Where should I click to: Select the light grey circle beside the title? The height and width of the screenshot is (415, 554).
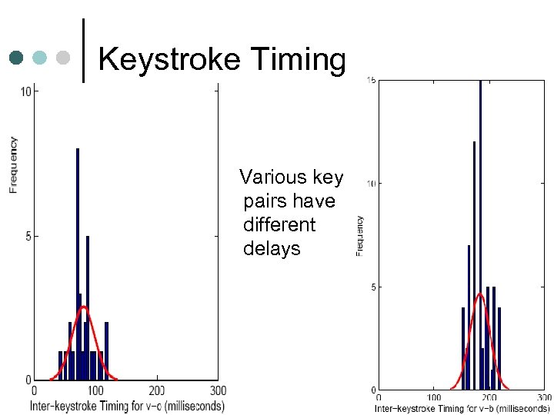point(63,58)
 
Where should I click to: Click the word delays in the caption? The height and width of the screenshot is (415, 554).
point(272,249)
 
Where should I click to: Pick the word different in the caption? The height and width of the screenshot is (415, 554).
point(279,225)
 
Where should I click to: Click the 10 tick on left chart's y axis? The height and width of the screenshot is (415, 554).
point(25,92)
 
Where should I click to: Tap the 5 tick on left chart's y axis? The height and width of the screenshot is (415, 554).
point(27,236)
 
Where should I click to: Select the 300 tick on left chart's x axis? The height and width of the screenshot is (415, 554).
point(218,391)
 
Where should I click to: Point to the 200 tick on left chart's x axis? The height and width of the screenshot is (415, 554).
point(156,391)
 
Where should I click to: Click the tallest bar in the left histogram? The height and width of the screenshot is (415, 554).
point(78,261)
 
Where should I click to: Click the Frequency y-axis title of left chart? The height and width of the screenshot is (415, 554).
point(13,164)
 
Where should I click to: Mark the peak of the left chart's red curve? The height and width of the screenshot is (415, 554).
point(85,307)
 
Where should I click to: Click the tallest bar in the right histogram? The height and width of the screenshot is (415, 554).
point(480,231)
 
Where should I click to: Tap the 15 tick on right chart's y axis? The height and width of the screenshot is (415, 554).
point(371,80)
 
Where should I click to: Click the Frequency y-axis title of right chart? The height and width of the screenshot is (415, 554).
point(359,235)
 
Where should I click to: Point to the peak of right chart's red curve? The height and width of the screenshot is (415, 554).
point(479,293)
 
